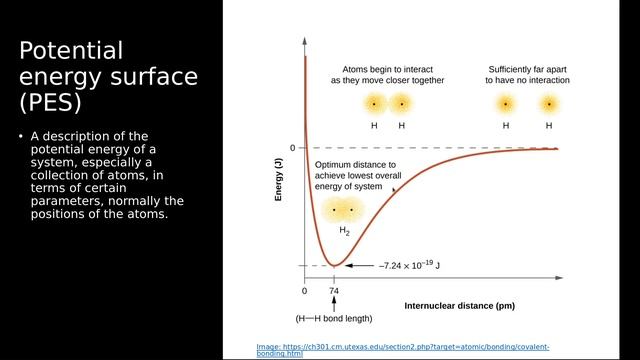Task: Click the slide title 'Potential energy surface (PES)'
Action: [x=109, y=76]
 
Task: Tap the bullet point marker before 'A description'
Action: [x=22, y=137]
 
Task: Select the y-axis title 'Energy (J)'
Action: [x=281, y=181]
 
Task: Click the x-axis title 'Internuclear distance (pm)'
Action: [x=459, y=303]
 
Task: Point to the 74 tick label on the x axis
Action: [x=334, y=292]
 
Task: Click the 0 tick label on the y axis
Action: [x=292, y=148]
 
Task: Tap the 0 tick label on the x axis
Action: [x=305, y=292]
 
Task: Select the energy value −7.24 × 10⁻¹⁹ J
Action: [x=410, y=266]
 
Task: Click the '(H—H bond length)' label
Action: [x=334, y=318]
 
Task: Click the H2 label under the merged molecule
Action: [x=344, y=231]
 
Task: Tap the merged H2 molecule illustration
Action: [x=344, y=210]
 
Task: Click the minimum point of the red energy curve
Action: [x=334, y=265]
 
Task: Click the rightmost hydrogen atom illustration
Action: [x=549, y=104]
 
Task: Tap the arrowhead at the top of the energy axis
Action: [x=305, y=46]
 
